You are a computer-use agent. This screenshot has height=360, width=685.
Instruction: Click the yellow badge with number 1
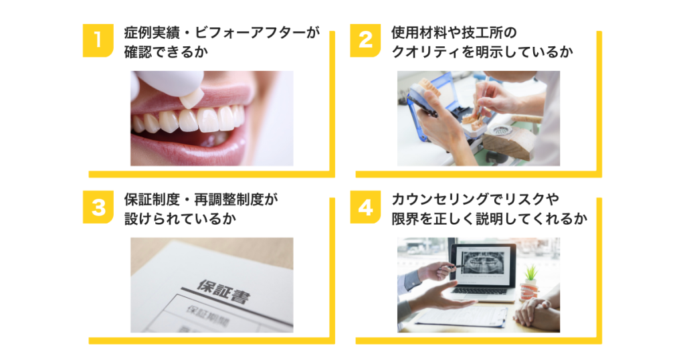pos(98,41)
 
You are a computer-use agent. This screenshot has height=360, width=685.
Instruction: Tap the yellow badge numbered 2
pos(365,41)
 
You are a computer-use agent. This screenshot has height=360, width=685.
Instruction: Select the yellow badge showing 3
pos(98,207)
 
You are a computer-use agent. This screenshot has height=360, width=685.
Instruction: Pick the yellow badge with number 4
pos(365,207)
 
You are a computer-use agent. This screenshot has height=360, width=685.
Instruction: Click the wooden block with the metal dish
pos(511,139)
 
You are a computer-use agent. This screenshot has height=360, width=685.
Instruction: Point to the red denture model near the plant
pos(528,292)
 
